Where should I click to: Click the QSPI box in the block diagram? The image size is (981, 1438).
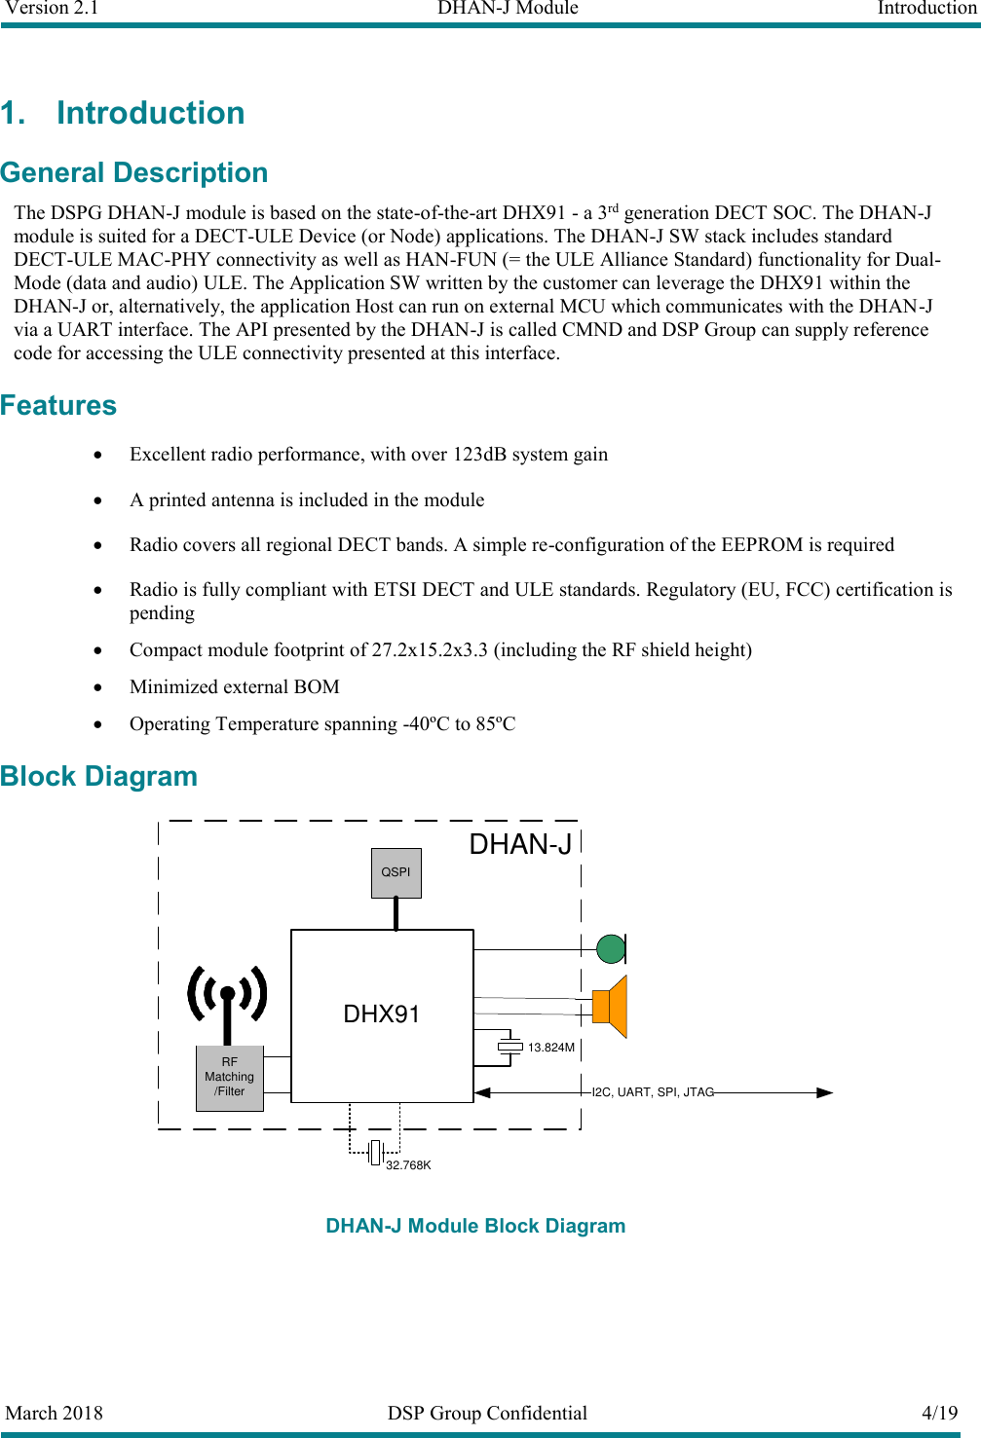coord(396,872)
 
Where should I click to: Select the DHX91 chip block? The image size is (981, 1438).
coord(382,1015)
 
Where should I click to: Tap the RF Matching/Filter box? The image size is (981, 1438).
coord(229,1078)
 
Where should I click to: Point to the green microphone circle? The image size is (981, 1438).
coord(611,948)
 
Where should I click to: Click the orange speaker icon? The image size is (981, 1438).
coord(611,1007)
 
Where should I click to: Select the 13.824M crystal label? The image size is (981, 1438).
coord(550,1048)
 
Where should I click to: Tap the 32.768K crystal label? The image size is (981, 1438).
coord(408,1165)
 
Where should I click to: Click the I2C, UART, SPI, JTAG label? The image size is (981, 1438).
coord(653,1092)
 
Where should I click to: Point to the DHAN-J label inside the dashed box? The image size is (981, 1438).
coord(520,845)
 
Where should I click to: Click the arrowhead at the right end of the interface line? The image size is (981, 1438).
coord(824,1092)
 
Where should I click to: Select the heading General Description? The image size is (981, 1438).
coord(134,172)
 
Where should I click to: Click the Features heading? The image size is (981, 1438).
coord(58,405)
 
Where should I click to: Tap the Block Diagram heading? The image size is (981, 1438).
coord(99,776)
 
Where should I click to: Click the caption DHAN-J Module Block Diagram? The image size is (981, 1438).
coord(475,1226)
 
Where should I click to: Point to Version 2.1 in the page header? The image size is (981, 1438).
coord(52,9)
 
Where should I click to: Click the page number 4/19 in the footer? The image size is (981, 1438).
coord(939,1413)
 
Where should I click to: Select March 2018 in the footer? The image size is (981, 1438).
coord(55,1413)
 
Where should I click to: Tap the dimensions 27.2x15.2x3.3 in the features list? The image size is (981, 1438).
coord(430,650)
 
